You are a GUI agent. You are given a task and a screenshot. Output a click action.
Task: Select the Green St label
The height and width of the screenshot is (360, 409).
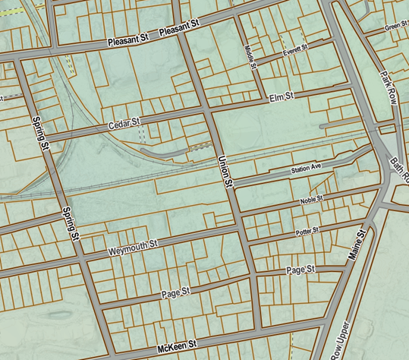[396, 27]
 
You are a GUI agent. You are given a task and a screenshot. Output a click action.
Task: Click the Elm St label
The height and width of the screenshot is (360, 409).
[282, 97]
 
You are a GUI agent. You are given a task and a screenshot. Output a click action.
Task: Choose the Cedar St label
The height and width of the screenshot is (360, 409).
[125, 123]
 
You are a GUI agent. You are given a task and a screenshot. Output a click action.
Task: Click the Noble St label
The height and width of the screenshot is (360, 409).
[310, 200]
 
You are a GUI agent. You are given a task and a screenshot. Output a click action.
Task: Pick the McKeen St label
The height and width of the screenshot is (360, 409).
[176, 346]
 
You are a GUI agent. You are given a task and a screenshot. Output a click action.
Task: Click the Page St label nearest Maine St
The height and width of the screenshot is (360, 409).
[300, 270]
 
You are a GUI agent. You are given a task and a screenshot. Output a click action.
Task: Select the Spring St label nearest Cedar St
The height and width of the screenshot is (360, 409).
[41, 131]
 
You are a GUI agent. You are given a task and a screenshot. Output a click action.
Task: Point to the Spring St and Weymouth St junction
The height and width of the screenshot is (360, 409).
[81, 257]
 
